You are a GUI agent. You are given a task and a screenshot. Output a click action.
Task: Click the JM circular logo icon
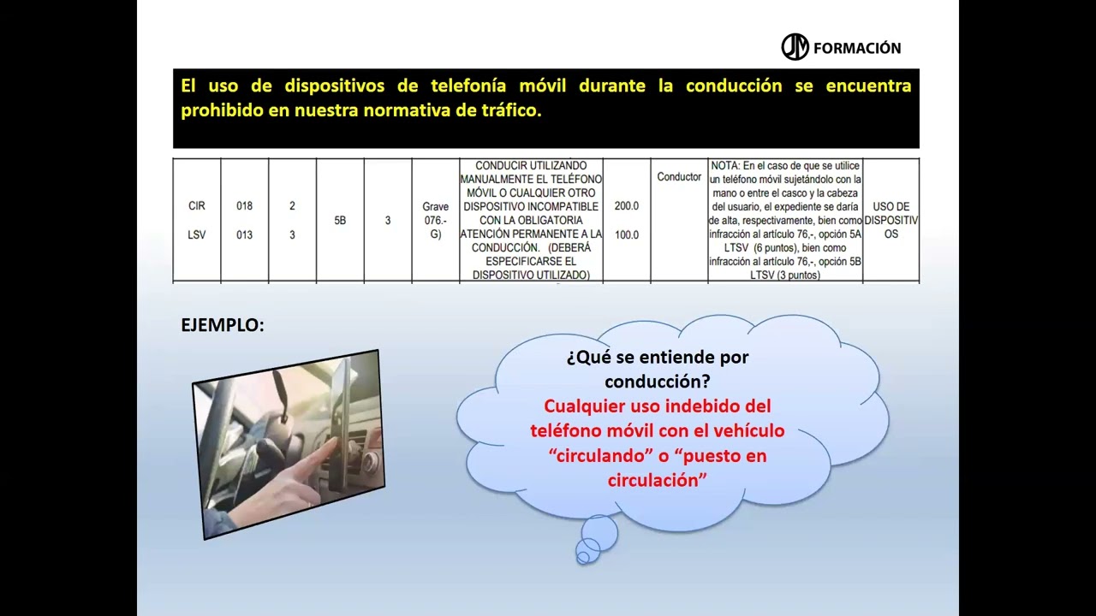point(795,47)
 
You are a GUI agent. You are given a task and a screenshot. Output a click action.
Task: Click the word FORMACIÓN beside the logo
point(856,48)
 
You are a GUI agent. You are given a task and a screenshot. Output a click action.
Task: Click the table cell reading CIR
point(196,206)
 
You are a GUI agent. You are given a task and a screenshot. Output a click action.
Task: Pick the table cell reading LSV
point(196,234)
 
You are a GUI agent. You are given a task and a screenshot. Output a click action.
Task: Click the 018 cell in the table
point(244,206)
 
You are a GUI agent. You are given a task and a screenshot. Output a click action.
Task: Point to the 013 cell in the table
point(244,234)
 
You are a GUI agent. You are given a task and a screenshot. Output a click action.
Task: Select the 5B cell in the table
point(340,221)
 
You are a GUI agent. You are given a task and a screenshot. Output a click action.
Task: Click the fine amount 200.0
point(626,206)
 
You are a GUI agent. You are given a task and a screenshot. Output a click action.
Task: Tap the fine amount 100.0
point(626,234)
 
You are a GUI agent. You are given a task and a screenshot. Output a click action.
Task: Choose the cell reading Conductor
point(679,177)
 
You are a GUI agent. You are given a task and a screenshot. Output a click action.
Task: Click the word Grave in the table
point(435,207)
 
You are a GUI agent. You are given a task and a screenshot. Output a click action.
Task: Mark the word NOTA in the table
point(724,165)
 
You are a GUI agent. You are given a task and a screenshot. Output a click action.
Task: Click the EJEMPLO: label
point(223,325)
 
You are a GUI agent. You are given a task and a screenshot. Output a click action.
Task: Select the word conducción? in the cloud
point(657,382)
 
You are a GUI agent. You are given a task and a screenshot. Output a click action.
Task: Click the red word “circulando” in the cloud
point(598,456)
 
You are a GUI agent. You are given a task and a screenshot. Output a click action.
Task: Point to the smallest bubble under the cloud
point(584,558)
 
